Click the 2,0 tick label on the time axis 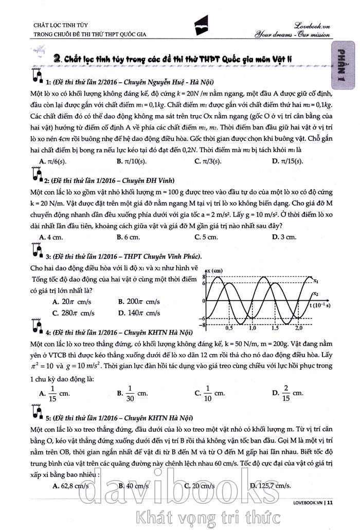pos(298,327)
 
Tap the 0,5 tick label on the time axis pos(229,327)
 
